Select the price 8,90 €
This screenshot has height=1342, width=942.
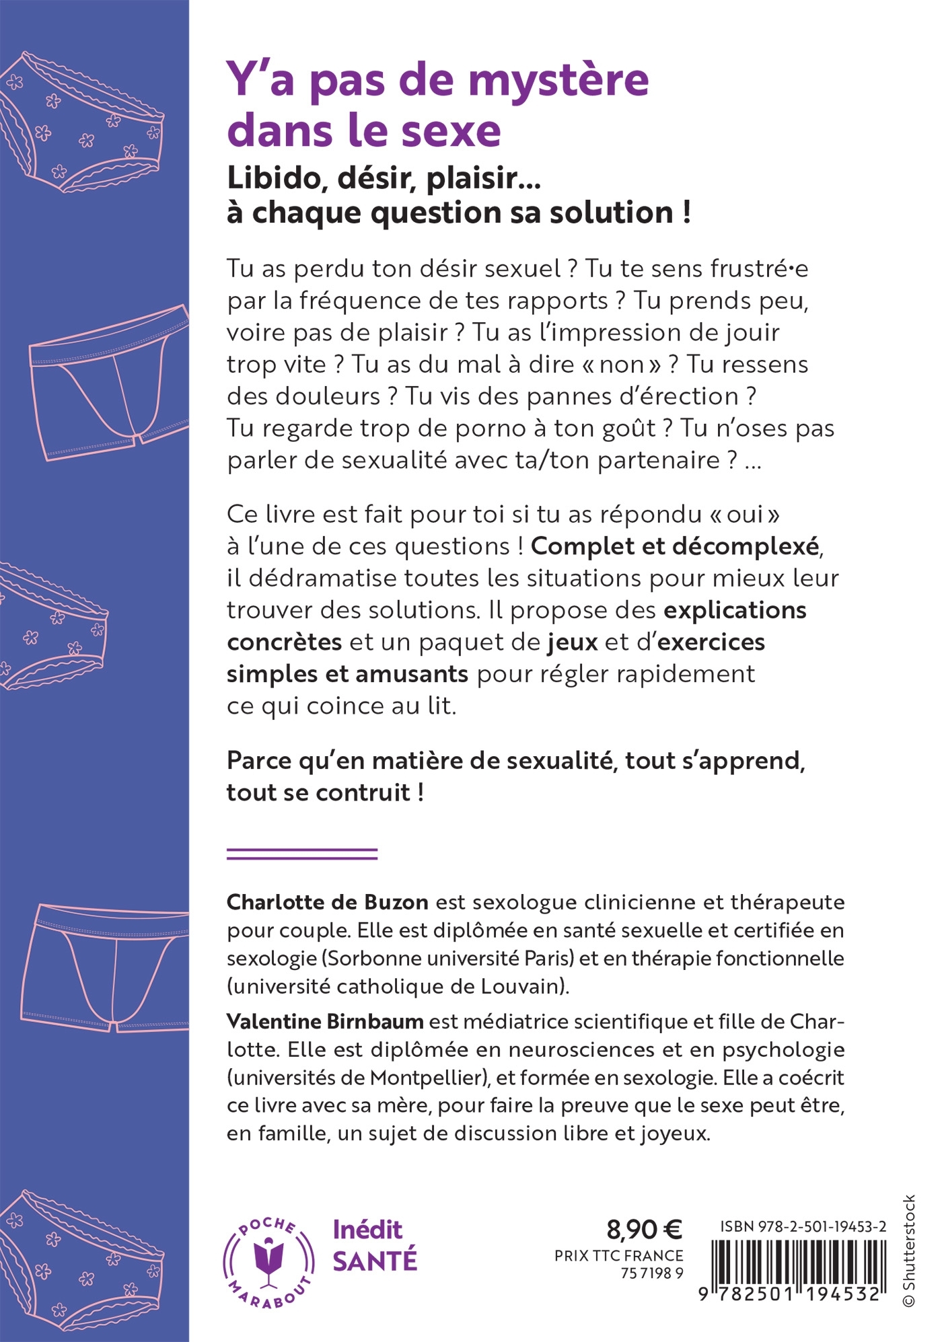(644, 1229)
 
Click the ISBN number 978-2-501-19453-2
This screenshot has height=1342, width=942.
(803, 1226)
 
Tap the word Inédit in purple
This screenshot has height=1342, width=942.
(367, 1230)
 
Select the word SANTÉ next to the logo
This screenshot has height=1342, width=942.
(375, 1261)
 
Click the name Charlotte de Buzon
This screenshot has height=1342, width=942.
(327, 902)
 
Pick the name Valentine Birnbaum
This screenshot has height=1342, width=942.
(325, 1021)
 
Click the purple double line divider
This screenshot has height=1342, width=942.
(302, 854)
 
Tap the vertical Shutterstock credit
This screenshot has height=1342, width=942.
(909, 1251)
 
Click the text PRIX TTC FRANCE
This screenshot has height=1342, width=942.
(618, 1255)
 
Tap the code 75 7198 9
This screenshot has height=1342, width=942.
(651, 1273)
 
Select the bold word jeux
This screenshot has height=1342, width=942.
(573, 642)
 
